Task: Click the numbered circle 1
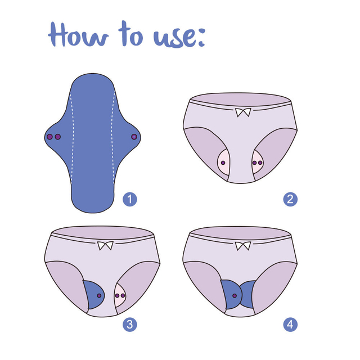[130, 199]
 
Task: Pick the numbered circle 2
[290, 199]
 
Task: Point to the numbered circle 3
[130, 325]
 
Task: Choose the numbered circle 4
[290, 325]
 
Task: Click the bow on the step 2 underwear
[243, 112]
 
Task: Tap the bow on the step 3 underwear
[105, 246]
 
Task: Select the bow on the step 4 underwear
[243, 246]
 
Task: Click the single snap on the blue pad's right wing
[134, 137]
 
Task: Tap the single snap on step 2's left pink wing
[224, 163]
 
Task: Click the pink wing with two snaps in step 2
[258, 163]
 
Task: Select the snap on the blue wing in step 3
[100, 295]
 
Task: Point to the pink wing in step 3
[121, 294]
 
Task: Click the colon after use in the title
[199, 37]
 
